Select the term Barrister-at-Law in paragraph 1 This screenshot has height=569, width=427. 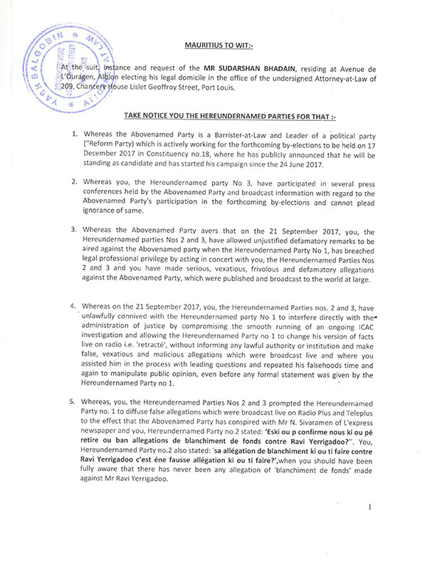pos(230,134)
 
